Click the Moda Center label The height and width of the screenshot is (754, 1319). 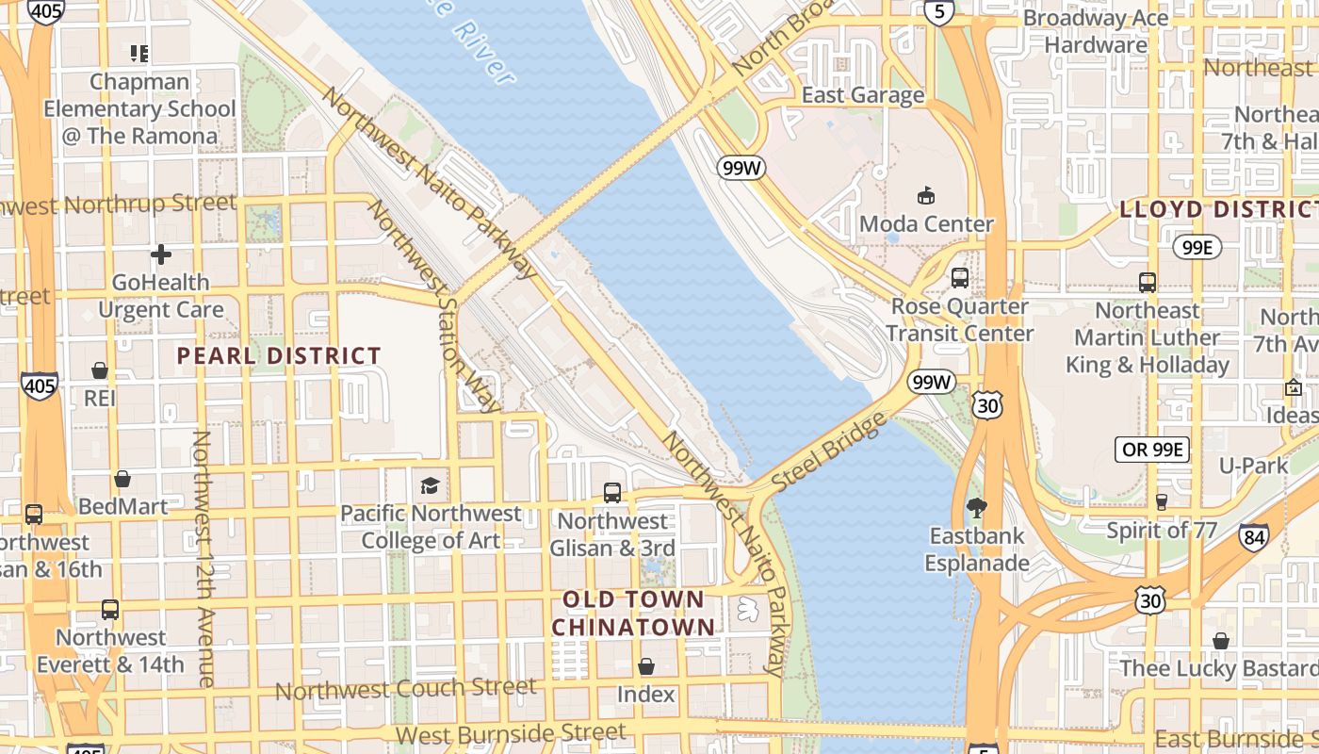(926, 224)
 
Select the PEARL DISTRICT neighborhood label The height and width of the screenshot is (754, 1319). (279, 356)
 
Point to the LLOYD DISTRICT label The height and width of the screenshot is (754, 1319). (1217, 209)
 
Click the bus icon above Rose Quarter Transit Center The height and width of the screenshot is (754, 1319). (959, 278)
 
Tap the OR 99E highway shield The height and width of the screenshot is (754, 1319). (1151, 450)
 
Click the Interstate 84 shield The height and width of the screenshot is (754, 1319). (1253, 537)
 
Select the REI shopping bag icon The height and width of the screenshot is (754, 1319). (100, 370)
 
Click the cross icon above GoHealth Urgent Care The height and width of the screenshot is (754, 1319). (161, 254)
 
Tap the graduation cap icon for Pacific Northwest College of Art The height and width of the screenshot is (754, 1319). (430, 486)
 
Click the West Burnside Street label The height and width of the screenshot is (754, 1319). (511, 732)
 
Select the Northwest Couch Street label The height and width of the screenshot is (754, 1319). (405, 689)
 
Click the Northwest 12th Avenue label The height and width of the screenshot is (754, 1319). (203, 558)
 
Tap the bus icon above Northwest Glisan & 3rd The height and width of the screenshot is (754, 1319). (612, 492)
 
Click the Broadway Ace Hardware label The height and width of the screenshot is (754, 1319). (1096, 31)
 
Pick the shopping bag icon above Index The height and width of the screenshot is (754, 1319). (646, 667)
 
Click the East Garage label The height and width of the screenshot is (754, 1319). (862, 95)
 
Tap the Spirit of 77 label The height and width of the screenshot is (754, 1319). (1162, 530)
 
